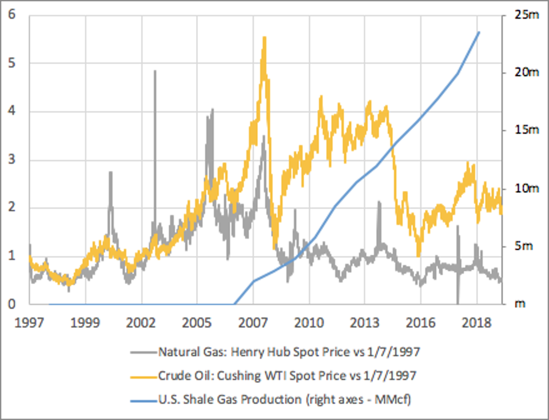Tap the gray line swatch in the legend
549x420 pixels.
[142, 352]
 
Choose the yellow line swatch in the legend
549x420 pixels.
[142, 376]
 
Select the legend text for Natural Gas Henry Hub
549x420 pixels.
[289, 352]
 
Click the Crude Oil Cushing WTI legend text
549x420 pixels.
[287, 376]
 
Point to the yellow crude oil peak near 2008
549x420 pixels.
[264, 38]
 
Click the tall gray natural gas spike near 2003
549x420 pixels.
[155, 71]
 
